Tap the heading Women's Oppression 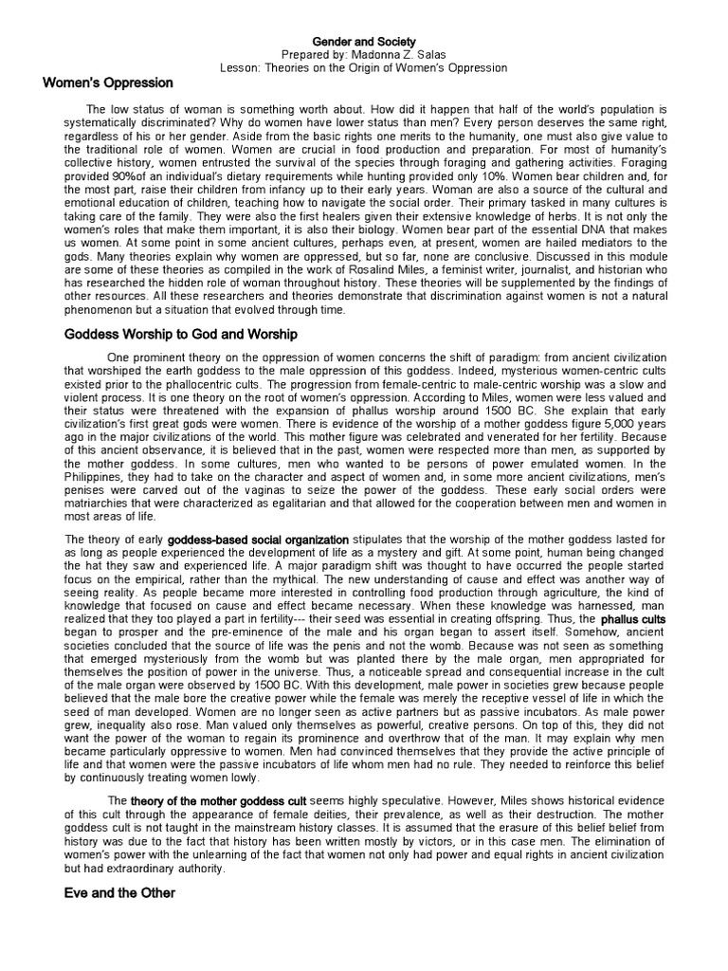tap(108, 83)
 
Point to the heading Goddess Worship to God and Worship tap(180, 334)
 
